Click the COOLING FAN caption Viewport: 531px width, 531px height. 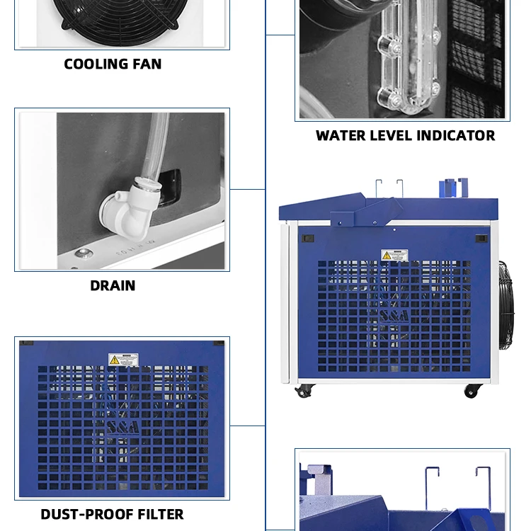point(113,64)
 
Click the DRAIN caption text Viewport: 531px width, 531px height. point(113,286)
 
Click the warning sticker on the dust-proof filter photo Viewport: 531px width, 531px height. point(123,360)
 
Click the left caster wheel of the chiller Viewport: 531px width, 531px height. point(304,390)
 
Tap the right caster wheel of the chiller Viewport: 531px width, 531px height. point(472,390)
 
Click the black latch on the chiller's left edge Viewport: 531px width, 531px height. point(307,238)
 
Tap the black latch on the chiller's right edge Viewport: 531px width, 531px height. point(481,239)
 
